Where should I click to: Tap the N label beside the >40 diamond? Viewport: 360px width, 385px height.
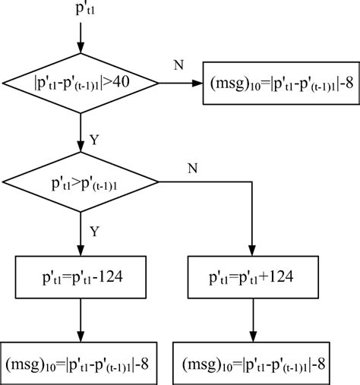178,65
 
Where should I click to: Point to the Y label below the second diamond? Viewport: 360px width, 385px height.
94,230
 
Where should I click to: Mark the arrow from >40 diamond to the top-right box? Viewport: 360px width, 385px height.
181,83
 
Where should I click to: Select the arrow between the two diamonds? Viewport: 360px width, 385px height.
81,132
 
